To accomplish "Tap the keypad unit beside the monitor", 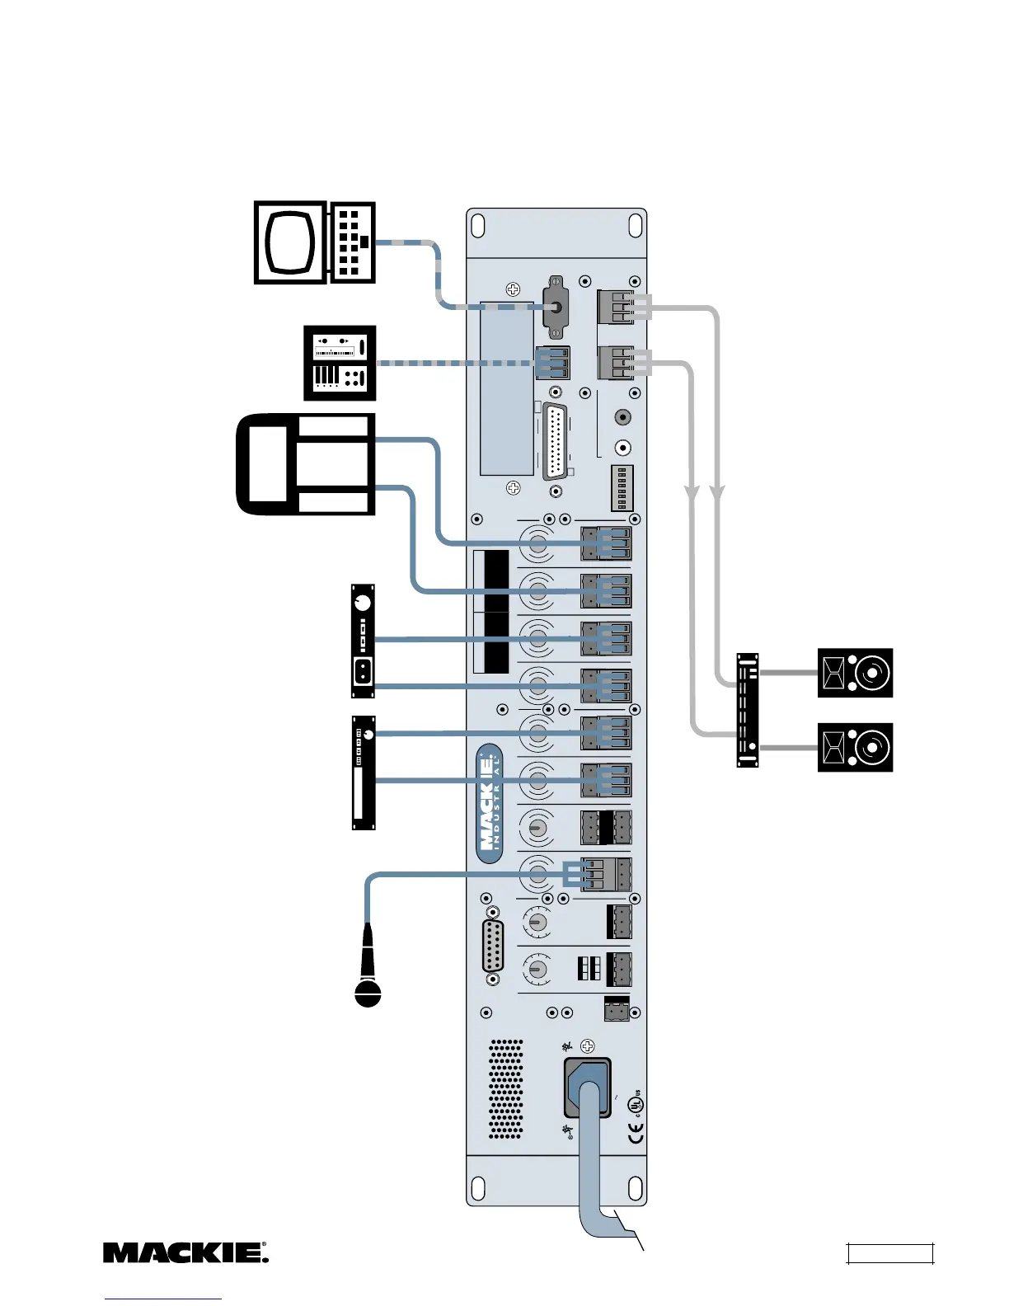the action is coord(352,242).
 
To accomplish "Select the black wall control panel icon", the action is coord(340,364).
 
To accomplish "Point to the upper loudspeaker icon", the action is coord(855,673).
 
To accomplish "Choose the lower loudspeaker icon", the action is coord(855,747).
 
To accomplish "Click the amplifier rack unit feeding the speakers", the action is coord(747,710).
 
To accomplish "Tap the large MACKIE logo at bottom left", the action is coord(185,1252).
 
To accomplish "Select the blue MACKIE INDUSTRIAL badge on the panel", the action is coord(490,804).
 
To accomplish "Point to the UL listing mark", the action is coord(635,1103).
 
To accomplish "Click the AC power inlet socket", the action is coord(588,1088).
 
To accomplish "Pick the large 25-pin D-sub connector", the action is coord(556,442).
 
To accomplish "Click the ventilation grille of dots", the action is coord(506,1089).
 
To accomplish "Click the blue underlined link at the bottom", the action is coord(163,1299).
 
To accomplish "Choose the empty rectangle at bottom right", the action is coord(890,1254).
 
